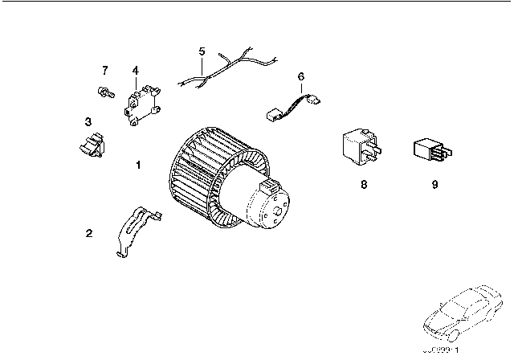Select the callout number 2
(89, 234)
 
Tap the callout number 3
(87, 121)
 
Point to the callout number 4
(136, 70)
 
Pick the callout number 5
(202, 51)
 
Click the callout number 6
(301, 76)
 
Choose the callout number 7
(104, 70)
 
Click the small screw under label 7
(105, 90)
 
